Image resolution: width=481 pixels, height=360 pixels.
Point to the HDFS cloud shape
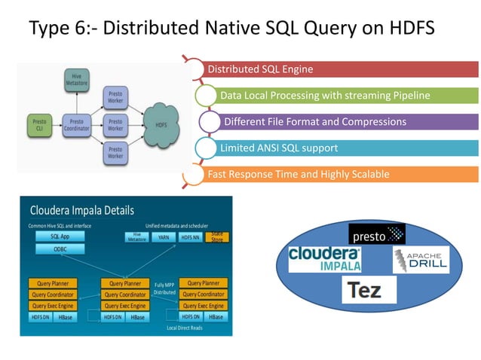point(161,124)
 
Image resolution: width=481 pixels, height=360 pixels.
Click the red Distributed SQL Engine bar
point(339,70)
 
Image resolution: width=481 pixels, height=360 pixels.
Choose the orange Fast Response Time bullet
point(339,175)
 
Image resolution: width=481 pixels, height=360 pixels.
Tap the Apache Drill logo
point(419,260)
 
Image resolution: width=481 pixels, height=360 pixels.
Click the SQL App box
point(60,236)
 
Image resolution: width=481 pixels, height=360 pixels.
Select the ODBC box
point(60,249)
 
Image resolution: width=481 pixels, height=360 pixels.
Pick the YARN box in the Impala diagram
point(163,236)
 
